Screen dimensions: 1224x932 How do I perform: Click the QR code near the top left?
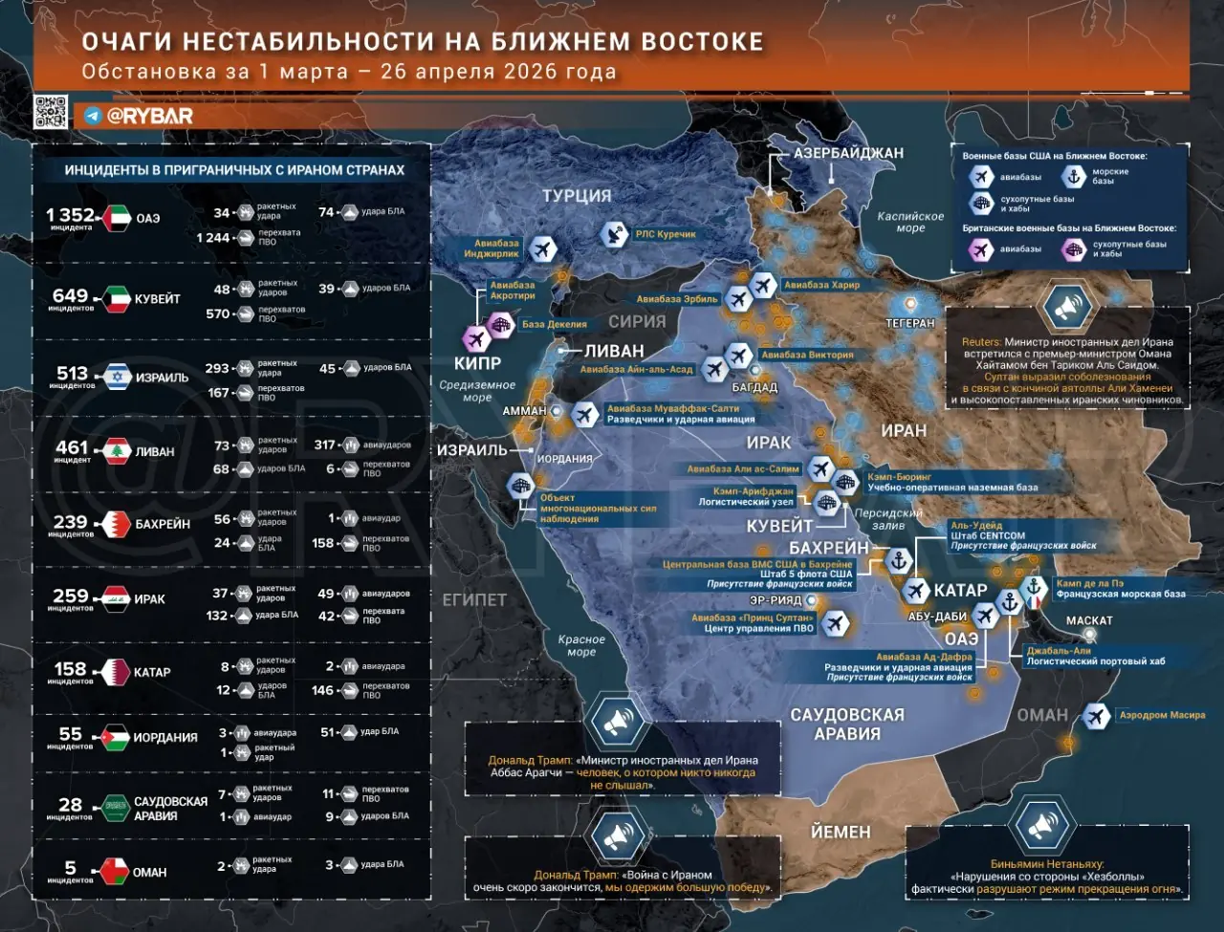tap(51, 112)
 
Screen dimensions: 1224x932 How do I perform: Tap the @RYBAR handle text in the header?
tap(149, 116)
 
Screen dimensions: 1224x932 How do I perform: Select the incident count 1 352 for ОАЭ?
tap(71, 216)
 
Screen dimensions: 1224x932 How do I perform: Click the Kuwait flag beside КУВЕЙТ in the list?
tap(118, 299)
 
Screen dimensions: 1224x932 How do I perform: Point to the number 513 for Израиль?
tap(72, 373)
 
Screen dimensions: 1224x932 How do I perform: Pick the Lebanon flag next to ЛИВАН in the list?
tap(117, 451)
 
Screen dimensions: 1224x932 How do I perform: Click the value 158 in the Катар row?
tap(71, 669)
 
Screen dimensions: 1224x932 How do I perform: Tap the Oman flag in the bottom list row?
tap(116, 872)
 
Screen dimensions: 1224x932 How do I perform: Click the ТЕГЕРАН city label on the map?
tap(909, 323)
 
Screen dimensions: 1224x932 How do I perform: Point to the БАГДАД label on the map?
tap(754, 387)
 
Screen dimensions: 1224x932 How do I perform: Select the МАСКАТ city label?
tap(1089, 620)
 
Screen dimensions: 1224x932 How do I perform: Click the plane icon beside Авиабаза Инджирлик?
tap(542, 249)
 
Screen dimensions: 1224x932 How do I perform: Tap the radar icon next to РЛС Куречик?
tap(615, 233)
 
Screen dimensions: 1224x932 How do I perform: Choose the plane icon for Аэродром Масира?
tap(1097, 715)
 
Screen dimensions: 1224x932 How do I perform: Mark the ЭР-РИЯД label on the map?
tap(776, 600)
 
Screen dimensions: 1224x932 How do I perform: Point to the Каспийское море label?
tap(910, 222)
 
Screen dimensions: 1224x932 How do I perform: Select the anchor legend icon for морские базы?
tap(1074, 177)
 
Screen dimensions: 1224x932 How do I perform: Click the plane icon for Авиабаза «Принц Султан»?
tap(836, 623)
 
